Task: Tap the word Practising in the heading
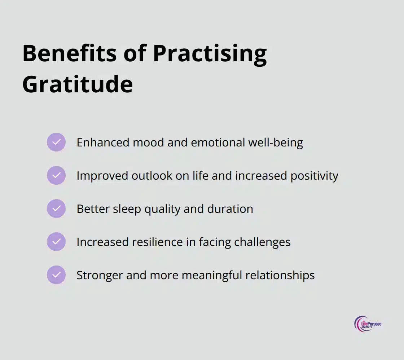pyautogui.click(x=210, y=54)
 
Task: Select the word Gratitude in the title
pyautogui.click(x=78, y=84)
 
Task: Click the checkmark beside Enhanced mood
pyautogui.click(x=56, y=142)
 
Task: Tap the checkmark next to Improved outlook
pyautogui.click(x=56, y=175)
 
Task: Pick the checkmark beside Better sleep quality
pyautogui.click(x=56, y=208)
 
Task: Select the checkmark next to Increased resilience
pyautogui.click(x=56, y=242)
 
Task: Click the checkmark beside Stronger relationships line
pyautogui.click(x=56, y=275)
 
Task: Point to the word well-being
pyautogui.click(x=276, y=143)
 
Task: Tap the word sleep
pyautogui.click(x=127, y=209)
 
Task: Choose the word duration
pyautogui.click(x=230, y=209)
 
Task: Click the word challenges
pyautogui.click(x=262, y=243)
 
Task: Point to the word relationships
pyautogui.click(x=280, y=276)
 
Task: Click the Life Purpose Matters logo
pyautogui.click(x=368, y=324)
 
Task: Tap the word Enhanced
pyautogui.click(x=103, y=142)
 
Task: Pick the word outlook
pyautogui.click(x=152, y=176)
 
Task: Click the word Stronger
pyautogui.click(x=100, y=276)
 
